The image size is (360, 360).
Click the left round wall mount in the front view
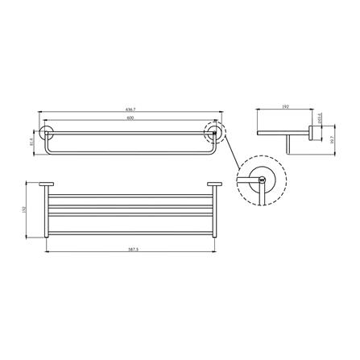click(45, 134)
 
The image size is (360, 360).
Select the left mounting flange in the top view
click(48, 185)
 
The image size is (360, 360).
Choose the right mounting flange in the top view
click(217, 185)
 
